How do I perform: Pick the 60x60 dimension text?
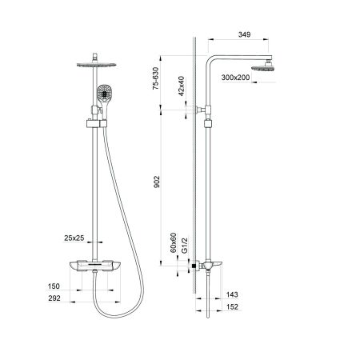point(172,241)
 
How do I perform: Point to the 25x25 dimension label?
point(76,238)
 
